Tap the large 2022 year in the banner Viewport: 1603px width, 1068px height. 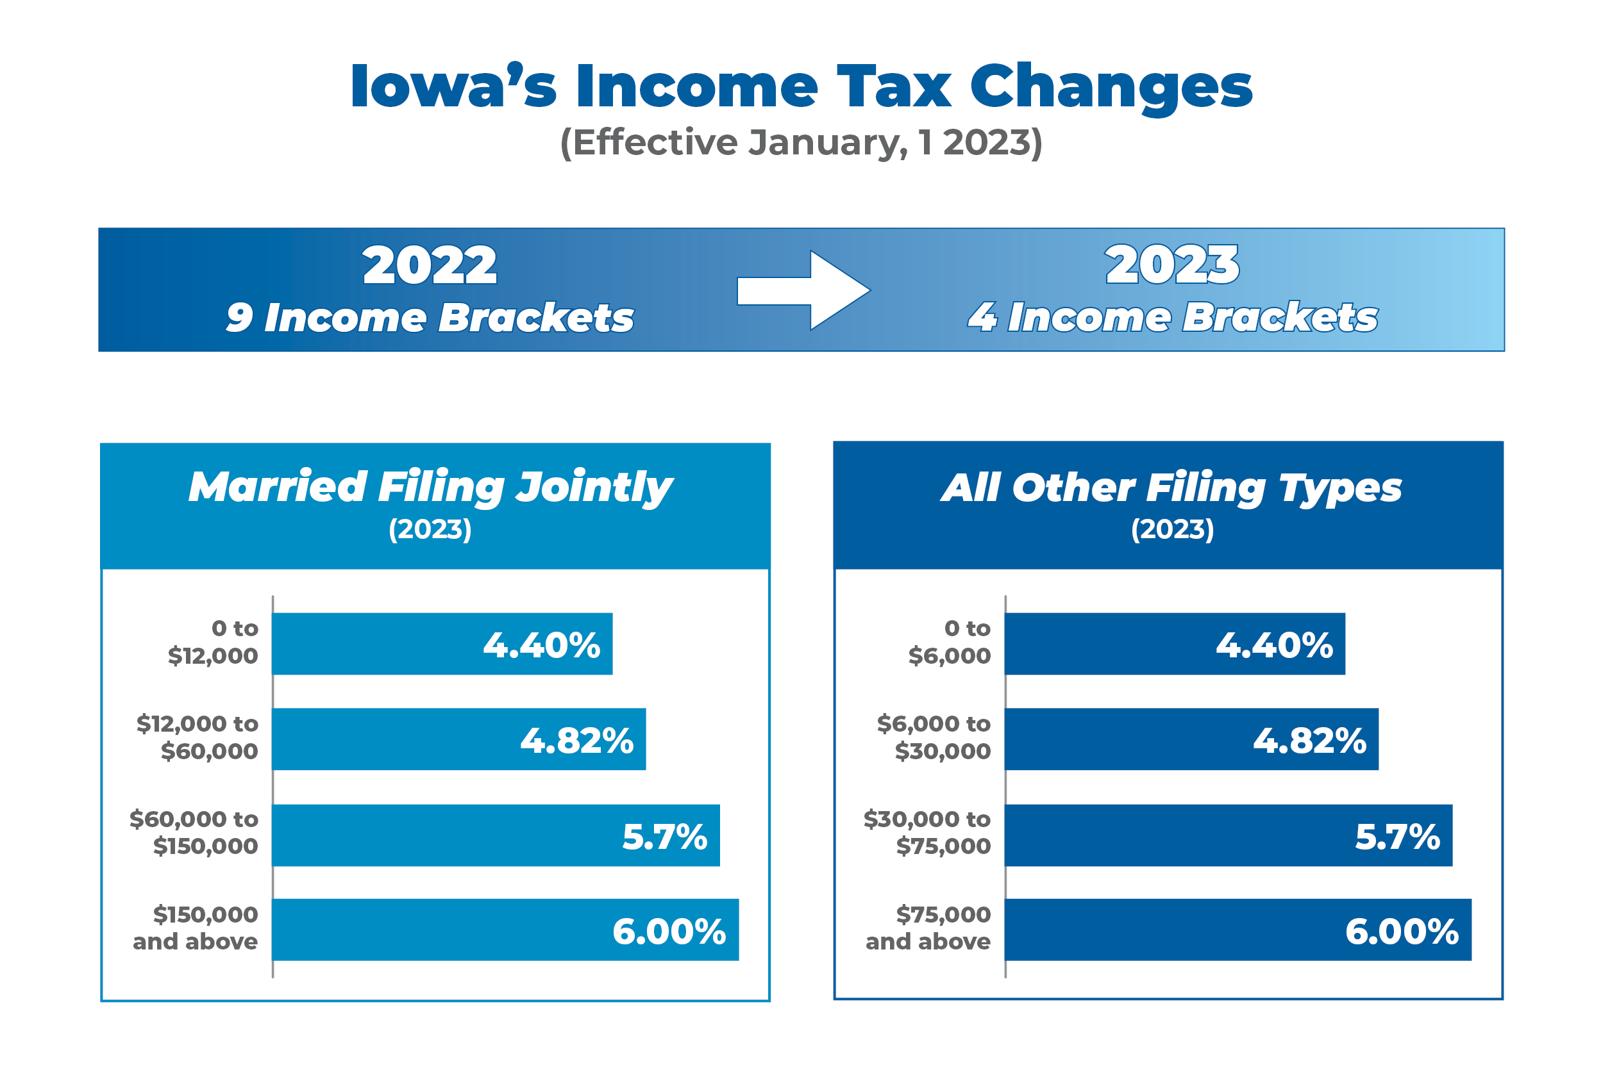pos(430,265)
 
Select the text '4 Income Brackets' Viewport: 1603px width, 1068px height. pos(1172,317)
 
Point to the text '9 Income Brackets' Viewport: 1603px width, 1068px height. pos(430,317)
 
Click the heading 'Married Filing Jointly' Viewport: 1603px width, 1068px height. pos(430,487)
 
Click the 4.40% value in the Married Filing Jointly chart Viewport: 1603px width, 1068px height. pos(542,645)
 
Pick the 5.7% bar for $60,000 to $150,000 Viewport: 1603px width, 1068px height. pos(496,835)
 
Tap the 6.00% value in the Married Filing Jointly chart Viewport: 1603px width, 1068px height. pos(669,931)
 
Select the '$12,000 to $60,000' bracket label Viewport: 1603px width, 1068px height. pos(197,737)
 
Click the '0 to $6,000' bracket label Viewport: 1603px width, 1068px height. pos(951,641)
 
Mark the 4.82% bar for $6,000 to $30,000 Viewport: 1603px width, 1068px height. pos(1191,739)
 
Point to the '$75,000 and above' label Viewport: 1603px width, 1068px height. pos(929,928)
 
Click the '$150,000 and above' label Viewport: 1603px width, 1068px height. pos(196,928)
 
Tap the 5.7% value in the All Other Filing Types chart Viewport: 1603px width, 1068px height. pos(1397,837)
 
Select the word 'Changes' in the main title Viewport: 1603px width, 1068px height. pos(1111,87)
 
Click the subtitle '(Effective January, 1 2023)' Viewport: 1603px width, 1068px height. pos(801,142)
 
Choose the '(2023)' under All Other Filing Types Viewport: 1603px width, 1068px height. pos(1172,529)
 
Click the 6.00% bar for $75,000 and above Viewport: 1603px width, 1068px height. pos(1238,930)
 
